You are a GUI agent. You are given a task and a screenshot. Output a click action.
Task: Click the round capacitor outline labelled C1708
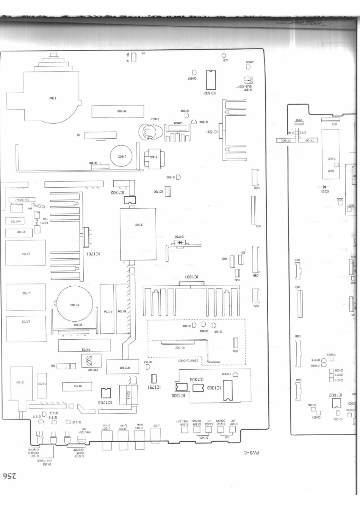pos(75,304)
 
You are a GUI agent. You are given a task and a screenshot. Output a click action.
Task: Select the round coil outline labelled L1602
pos(121,156)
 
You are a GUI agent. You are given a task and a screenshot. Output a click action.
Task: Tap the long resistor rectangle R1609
pos(118,111)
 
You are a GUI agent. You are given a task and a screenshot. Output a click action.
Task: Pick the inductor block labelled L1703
pos(26,322)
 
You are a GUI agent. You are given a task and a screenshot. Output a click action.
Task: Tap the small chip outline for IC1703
pos(106,393)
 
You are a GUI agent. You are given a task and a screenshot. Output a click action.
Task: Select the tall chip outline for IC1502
pos(211,80)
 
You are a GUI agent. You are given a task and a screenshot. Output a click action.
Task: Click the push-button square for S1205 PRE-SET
pos(185,430)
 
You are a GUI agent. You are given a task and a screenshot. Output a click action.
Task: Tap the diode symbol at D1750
pos(179,242)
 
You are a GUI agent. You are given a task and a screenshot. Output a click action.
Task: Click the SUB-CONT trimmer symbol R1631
pos(249,80)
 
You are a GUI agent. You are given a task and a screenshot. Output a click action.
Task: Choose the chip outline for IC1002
pos(336,404)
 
